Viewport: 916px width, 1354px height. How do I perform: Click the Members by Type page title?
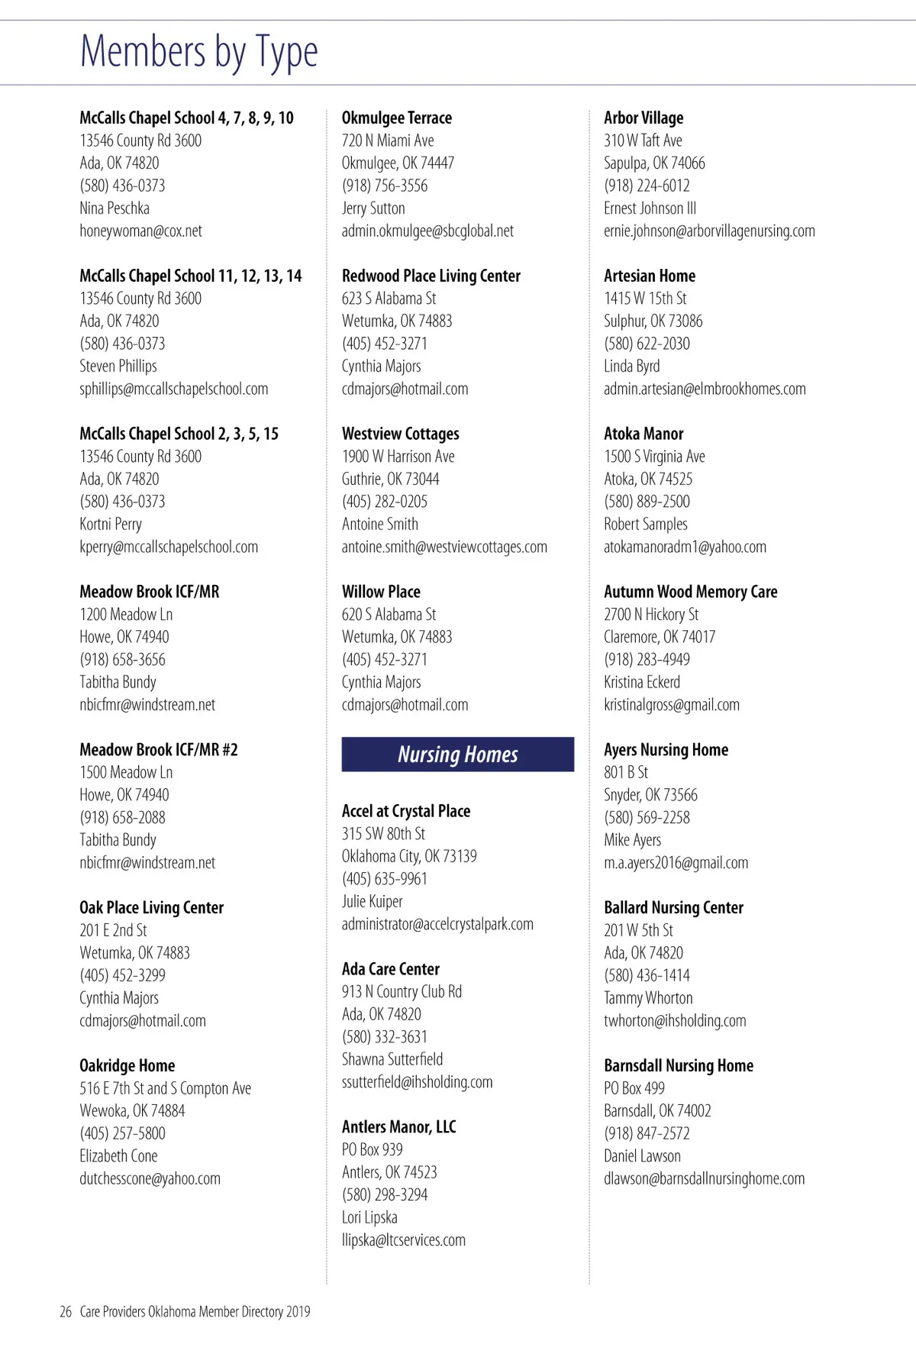tap(198, 52)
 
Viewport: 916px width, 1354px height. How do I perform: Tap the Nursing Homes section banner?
tap(457, 755)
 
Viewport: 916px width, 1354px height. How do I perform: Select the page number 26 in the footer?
tap(66, 1311)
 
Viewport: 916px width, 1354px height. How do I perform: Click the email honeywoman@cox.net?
tap(140, 231)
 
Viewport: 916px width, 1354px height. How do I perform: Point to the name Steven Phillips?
tap(118, 366)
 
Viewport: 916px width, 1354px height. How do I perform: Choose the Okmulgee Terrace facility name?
tap(396, 118)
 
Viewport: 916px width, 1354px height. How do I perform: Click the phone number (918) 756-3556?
tap(385, 186)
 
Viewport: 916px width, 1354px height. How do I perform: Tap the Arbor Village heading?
tap(643, 118)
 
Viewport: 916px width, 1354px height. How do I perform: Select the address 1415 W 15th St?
tap(645, 299)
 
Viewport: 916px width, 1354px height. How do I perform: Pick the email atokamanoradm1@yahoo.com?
tap(685, 547)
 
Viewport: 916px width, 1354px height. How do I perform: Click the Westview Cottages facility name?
tap(400, 434)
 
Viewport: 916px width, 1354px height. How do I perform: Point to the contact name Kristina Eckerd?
tap(642, 682)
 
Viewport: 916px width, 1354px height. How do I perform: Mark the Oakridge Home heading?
tap(127, 1065)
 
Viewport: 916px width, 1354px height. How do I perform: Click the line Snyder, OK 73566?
tap(650, 795)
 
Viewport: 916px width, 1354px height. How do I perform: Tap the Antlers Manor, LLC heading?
tap(398, 1126)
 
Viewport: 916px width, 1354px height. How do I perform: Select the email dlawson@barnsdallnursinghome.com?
tap(704, 1178)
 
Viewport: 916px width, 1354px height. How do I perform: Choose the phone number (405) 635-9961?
tap(385, 879)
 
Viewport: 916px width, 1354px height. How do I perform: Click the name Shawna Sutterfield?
tap(392, 1059)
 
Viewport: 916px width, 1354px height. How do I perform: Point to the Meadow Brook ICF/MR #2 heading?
tap(159, 750)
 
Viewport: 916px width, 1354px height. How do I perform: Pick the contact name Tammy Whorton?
tap(648, 998)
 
